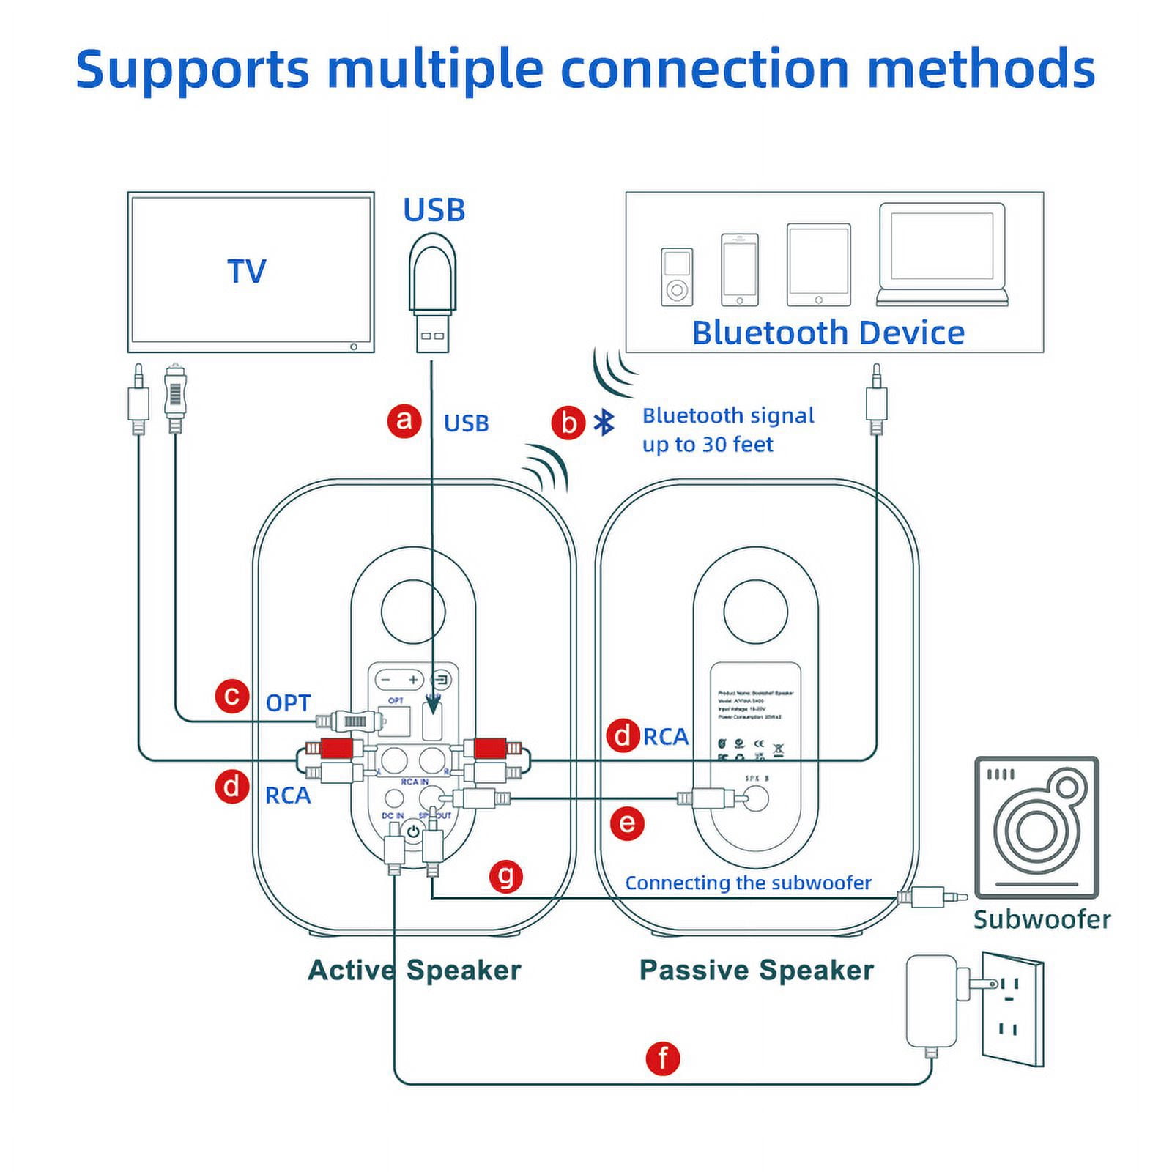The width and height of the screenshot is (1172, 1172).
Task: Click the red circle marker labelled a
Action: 404,421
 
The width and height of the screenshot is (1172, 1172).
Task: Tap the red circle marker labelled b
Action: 568,423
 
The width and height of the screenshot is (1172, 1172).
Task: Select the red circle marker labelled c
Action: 232,695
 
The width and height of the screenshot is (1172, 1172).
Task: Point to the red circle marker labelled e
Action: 627,823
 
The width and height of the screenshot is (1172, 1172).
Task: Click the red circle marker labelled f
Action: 663,1058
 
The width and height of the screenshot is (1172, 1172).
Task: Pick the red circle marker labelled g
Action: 506,875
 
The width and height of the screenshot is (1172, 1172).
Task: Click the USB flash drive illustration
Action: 433,293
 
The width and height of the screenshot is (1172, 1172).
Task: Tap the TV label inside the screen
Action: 247,272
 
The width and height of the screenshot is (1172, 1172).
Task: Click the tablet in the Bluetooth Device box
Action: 818,265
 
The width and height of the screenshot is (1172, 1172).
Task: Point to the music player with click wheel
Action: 676,277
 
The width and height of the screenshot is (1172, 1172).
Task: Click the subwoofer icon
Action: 1036,828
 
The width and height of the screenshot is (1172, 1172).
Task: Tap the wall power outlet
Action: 1012,1009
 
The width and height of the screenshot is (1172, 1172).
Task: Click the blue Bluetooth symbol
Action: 604,423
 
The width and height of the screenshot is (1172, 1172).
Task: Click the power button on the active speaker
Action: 413,831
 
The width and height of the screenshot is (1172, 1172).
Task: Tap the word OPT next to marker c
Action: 288,703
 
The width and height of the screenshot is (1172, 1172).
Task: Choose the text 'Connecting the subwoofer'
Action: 748,883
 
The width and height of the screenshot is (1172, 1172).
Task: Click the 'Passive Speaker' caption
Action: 756,970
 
